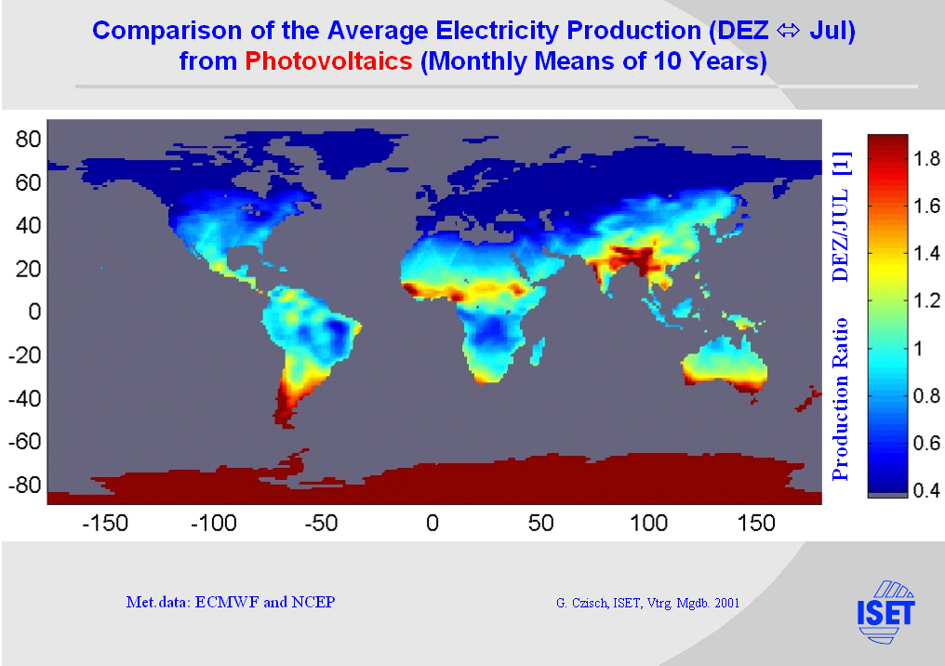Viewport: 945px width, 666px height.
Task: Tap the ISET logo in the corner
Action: point(885,611)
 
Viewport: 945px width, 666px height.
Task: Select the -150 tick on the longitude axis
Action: point(104,524)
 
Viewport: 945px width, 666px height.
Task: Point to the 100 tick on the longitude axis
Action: point(648,524)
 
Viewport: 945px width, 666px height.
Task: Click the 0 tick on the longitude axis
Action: point(432,524)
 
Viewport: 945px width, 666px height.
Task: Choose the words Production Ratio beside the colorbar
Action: point(841,399)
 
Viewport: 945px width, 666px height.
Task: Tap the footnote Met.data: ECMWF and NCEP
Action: point(230,602)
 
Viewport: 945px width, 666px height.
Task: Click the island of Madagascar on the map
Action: point(538,353)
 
